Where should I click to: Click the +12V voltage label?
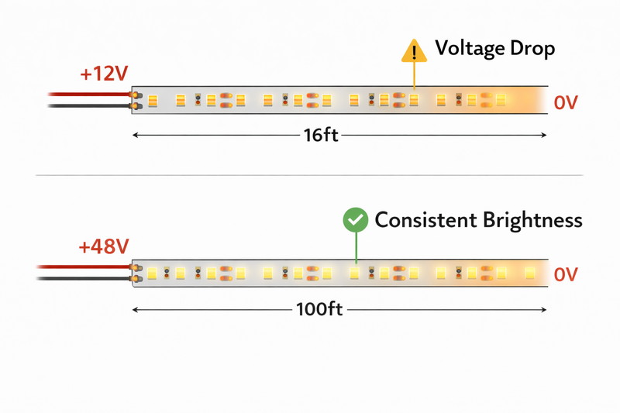pos(103,74)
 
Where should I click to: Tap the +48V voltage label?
pos(103,247)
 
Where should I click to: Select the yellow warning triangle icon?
pos(414,51)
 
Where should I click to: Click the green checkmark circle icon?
pos(356,221)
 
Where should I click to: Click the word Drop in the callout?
pos(529,49)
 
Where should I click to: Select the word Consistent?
pos(424,220)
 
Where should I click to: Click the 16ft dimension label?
pos(320,135)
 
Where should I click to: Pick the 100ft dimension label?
pos(319,309)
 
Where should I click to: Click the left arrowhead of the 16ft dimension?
pos(136,135)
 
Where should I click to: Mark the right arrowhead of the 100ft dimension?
pos(544,309)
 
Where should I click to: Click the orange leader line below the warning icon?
pos(414,76)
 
